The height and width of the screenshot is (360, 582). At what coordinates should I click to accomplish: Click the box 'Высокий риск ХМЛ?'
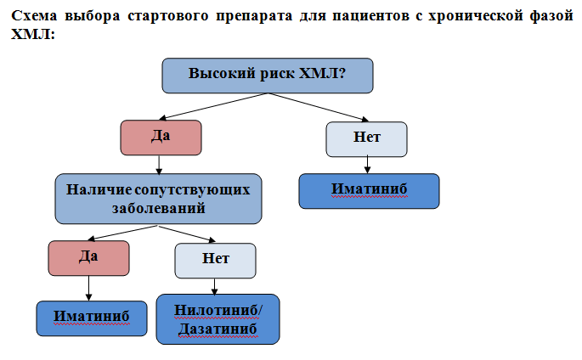click(268, 76)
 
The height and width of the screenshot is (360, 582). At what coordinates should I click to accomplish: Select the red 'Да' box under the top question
click(161, 138)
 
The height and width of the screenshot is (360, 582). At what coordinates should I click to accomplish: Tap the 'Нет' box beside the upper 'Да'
click(366, 139)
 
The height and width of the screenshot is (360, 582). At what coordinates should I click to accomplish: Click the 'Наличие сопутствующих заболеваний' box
click(158, 199)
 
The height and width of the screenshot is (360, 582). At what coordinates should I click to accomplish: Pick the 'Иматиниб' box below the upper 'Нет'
click(369, 191)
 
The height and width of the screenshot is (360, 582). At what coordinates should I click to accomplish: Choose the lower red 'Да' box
click(88, 258)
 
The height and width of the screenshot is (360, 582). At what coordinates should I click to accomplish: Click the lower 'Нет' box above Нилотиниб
click(215, 261)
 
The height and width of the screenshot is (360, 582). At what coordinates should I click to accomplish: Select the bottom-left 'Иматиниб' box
click(92, 318)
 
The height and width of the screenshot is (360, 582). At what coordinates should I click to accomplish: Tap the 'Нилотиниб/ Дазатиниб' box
click(218, 319)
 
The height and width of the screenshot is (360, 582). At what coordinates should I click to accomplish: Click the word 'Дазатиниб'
click(218, 329)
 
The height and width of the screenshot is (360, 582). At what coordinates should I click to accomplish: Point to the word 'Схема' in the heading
click(34, 15)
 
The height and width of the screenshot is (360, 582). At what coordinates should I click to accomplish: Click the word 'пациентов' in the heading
click(371, 16)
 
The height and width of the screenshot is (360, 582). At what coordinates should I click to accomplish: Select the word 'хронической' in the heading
click(476, 16)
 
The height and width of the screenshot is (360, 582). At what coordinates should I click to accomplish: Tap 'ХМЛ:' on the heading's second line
click(33, 34)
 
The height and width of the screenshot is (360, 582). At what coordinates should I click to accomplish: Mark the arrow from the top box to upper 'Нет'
click(318, 107)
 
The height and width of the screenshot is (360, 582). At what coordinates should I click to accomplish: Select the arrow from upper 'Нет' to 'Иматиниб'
click(367, 165)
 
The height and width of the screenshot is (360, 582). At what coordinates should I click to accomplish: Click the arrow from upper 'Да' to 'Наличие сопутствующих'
click(159, 165)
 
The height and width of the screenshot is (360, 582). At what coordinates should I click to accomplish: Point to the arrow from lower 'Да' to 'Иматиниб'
click(88, 288)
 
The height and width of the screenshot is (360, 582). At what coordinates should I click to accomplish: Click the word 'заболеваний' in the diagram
click(159, 208)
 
